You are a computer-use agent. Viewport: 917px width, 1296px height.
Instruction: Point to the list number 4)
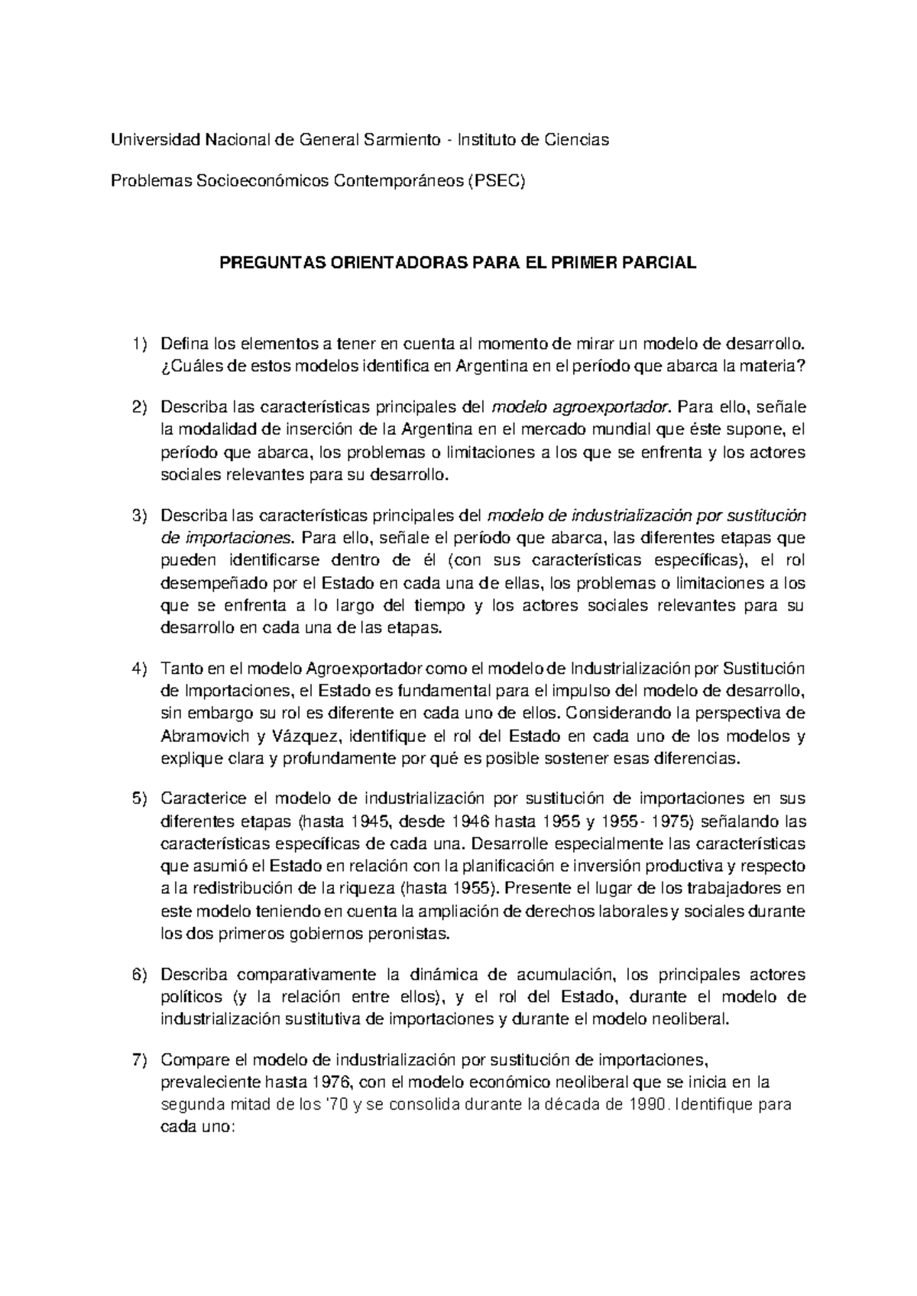pyautogui.click(x=138, y=669)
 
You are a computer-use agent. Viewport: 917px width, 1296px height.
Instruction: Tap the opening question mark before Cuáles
pyautogui.click(x=164, y=367)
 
